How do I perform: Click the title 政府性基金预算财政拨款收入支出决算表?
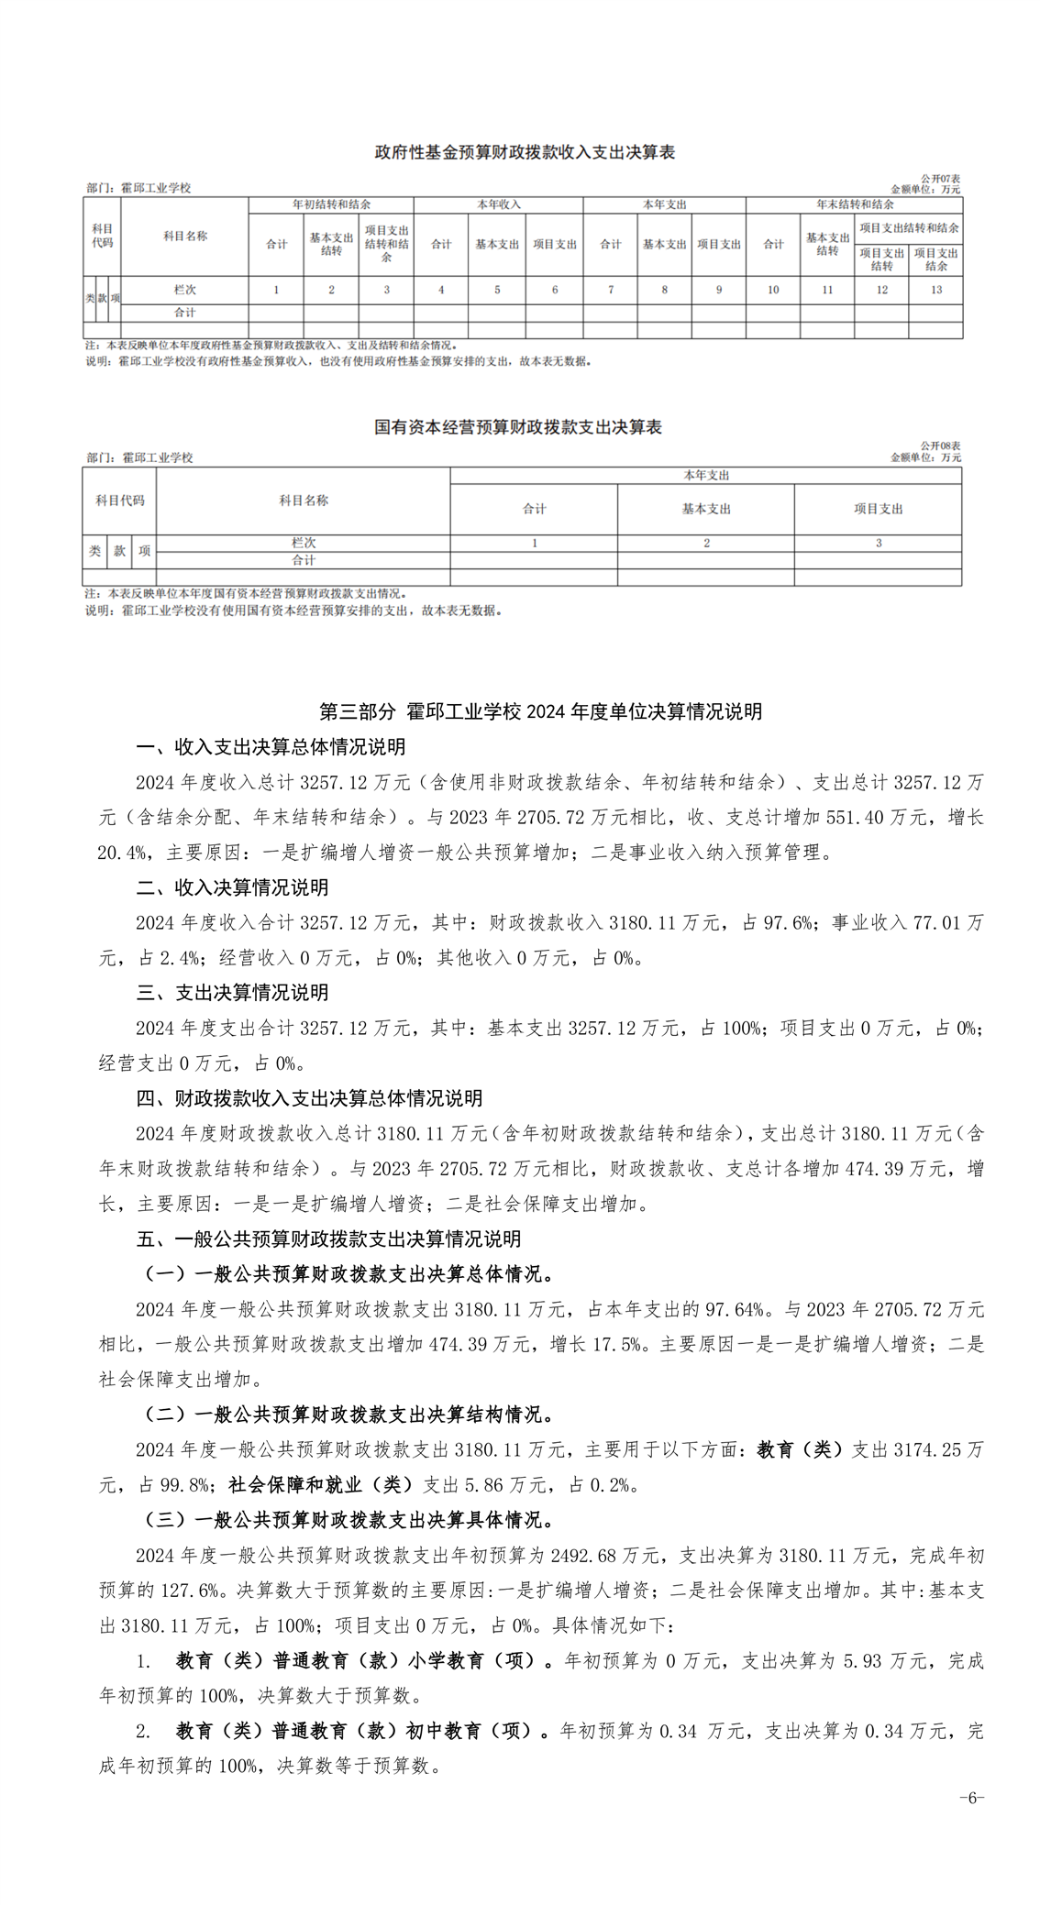pos(525,152)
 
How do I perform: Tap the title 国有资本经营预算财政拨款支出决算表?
pos(518,427)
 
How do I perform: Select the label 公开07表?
pos(940,179)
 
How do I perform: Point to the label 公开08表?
pos(940,446)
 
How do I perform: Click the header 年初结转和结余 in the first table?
pos(331,204)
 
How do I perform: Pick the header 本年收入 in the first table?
pos(498,204)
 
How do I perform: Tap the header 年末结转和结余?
pos(854,204)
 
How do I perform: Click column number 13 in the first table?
pos(935,290)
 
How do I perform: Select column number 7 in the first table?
pos(610,290)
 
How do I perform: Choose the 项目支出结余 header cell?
pos(935,259)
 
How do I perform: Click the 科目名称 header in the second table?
pos(304,501)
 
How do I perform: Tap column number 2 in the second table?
pos(706,543)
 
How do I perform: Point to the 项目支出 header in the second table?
pos(878,509)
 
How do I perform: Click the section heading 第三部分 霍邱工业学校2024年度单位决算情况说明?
pos(540,712)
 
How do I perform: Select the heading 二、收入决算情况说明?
pos(232,887)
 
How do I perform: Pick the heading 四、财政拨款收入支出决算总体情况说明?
pos(309,1098)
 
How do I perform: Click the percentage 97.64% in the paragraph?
pos(734,1309)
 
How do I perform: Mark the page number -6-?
pos(971,1797)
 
